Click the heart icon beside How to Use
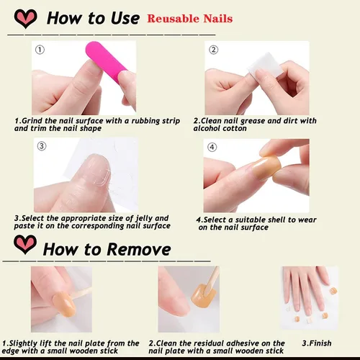[x=24, y=17]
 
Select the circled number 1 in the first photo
[x=40, y=50]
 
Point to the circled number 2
[x=213, y=50]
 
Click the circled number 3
[x=42, y=146]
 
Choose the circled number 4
[x=212, y=148]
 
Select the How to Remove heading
[x=107, y=249]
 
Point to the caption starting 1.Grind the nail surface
[x=96, y=125]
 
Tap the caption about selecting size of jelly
[x=92, y=221]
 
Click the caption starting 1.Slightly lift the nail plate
[x=71, y=347]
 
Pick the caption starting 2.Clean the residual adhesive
[x=216, y=347]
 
